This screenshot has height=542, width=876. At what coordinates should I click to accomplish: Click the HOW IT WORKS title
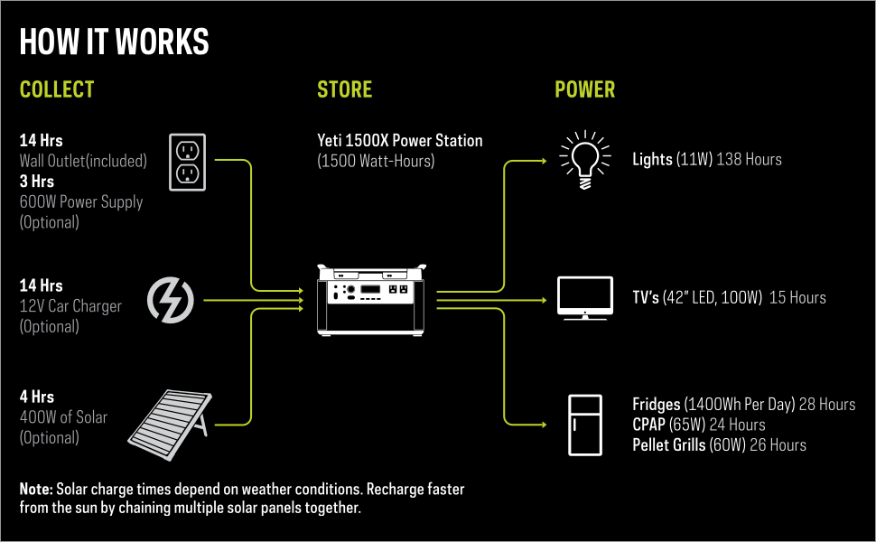click(x=114, y=42)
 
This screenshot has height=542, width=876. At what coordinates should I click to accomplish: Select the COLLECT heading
click(x=57, y=89)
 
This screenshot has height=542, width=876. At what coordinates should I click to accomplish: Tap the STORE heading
click(x=344, y=89)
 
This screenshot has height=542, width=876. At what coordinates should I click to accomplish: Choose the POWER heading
click(x=584, y=89)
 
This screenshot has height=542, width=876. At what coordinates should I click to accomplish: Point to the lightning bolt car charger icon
click(x=170, y=299)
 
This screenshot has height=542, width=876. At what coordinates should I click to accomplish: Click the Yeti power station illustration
click(x=370, y=300)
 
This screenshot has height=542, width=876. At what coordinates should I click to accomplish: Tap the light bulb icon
click(x=584, y=160)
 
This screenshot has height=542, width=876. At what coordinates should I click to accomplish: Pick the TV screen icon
click(x=585, y=297)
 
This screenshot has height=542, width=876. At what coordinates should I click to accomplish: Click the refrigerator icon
click(x=584, y=425)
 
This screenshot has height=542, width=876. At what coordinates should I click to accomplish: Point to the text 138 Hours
click(x=750, y=160)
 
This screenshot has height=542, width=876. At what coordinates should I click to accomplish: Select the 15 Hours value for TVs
click(x=797, y=297)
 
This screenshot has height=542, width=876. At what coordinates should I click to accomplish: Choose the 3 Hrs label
click(x=37, y=182)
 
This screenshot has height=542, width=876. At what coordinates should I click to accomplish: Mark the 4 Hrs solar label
click(x=37, y=397)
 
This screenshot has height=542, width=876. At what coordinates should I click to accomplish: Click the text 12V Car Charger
click(x=70, y=306)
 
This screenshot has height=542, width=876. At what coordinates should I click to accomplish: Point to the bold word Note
click(x=36, y=489)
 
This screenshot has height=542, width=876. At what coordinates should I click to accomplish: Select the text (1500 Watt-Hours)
click(x=376, y=161)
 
